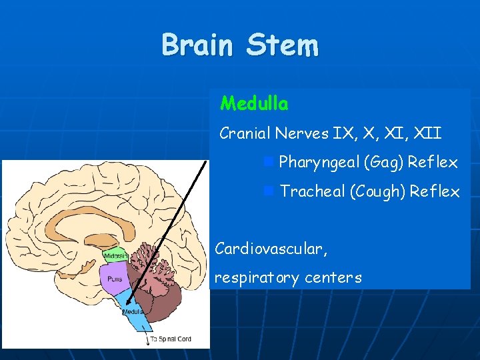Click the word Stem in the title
point(282,45)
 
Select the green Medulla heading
point(254,104)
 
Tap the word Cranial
point(244,133)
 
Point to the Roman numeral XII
point(427,133)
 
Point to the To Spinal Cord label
point(171,339)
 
